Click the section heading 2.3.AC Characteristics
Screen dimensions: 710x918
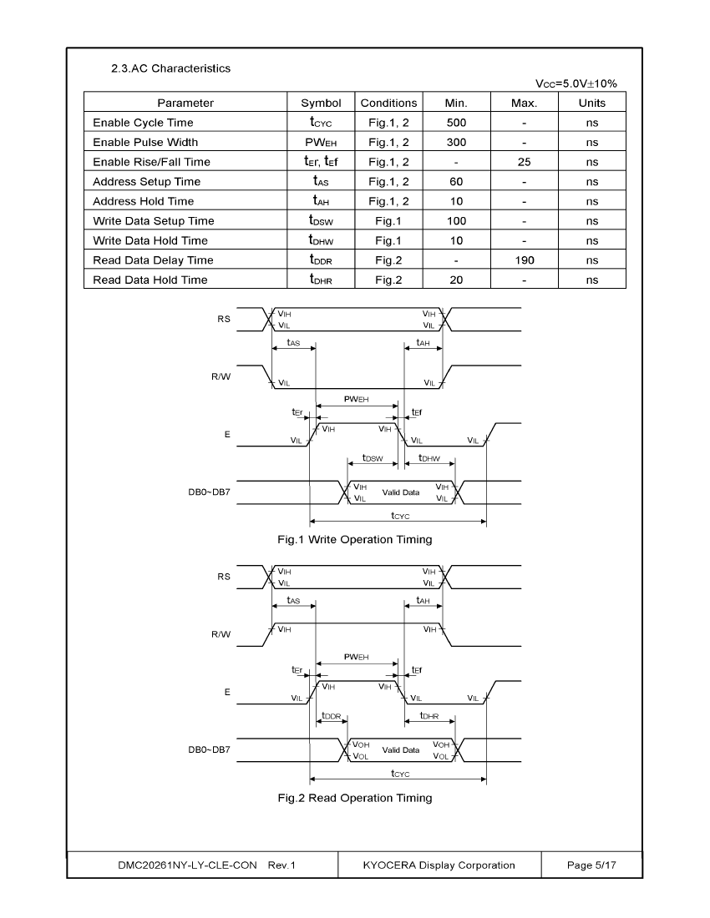[170, 68]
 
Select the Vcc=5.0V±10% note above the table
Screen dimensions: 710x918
[576, 83]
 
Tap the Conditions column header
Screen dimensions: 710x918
[388, 103]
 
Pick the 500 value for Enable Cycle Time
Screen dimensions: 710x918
[456, 123]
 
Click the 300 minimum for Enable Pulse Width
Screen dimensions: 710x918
[456, 142]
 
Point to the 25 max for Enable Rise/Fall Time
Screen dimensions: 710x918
[525, 162]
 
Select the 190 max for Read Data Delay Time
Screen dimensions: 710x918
[525, 260]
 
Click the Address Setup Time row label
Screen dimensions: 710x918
[146, 181]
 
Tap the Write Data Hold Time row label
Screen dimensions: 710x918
[150, 240]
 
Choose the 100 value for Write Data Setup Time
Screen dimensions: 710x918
[456, 220]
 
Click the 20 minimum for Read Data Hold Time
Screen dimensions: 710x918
[456, 280]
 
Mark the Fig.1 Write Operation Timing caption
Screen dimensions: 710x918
[354, 540]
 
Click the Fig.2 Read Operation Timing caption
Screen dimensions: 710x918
[354, 798]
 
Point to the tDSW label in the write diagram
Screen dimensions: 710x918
[373, 458]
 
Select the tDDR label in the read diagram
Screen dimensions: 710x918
[331, 715]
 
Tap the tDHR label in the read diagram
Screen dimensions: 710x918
[429, 715]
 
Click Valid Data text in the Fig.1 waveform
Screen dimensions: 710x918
[401, 492]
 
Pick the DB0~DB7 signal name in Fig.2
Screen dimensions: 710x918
[209, 749]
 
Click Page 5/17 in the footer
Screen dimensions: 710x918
[591, 865]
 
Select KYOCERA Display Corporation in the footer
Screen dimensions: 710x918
[439, 865]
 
